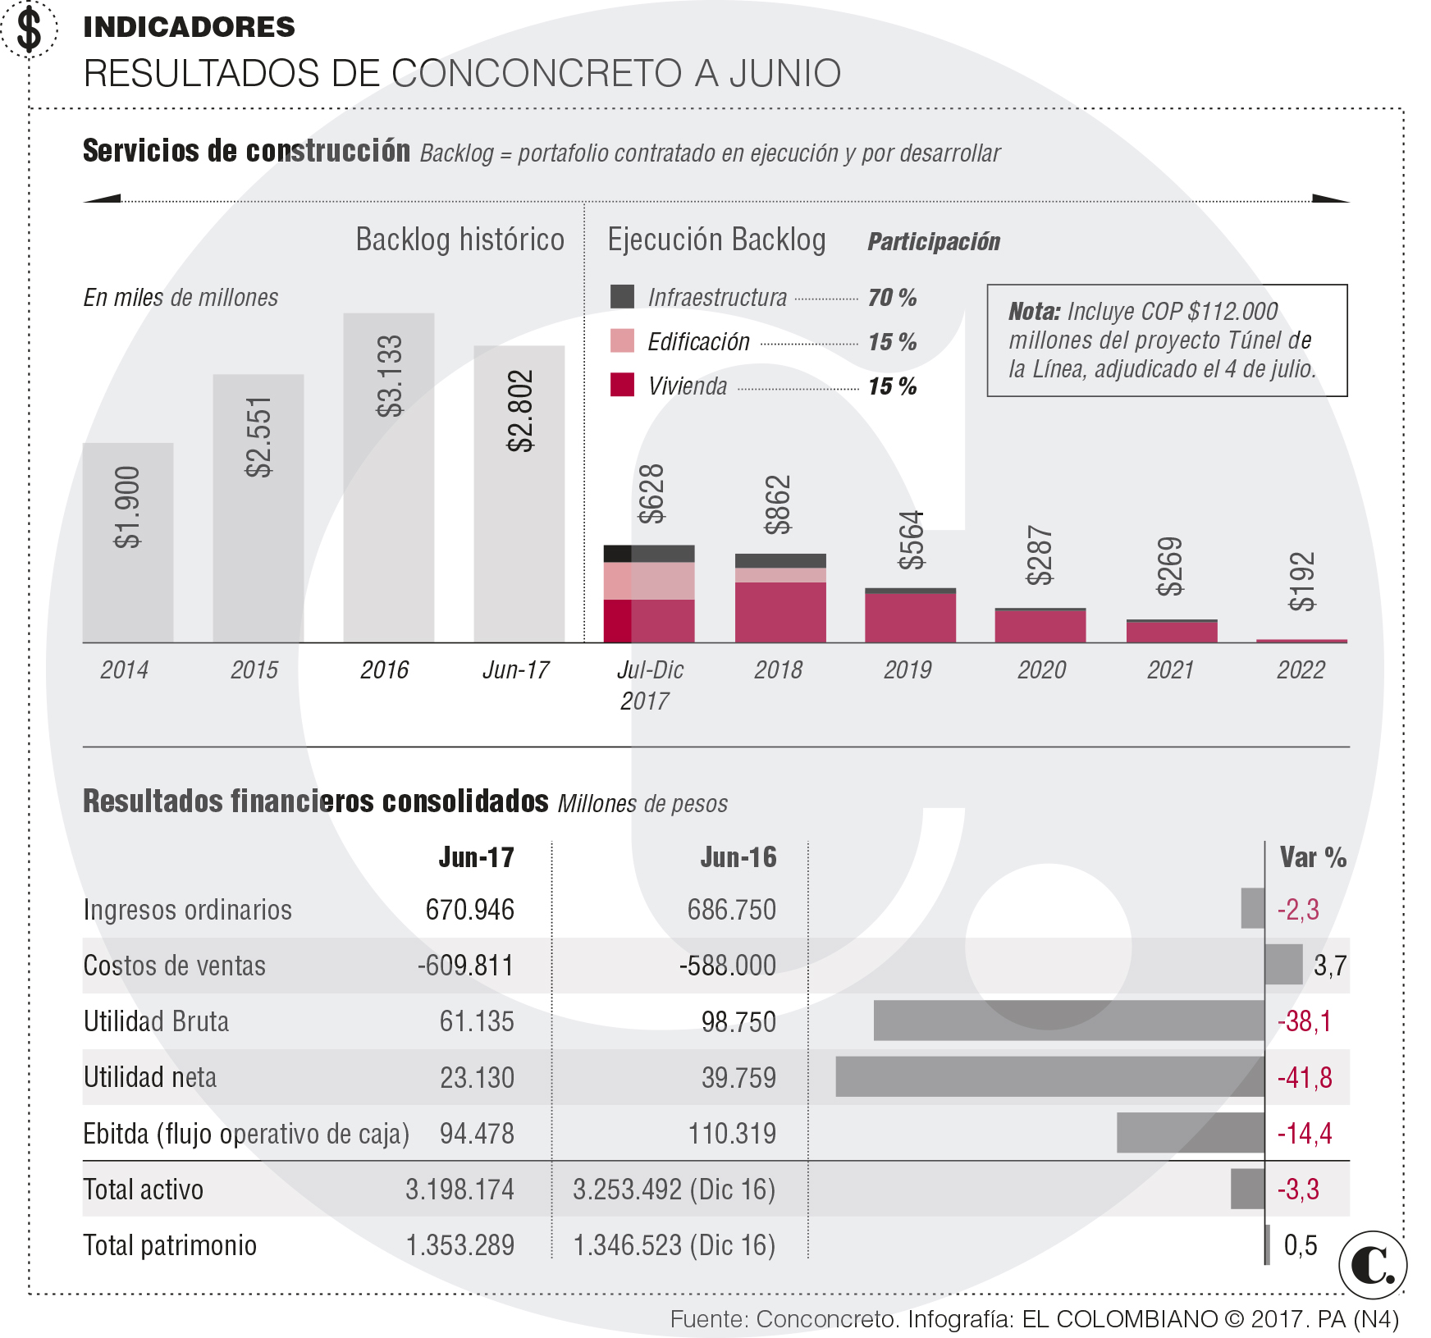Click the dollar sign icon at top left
tap(30, 30)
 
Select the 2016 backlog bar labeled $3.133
tap(388, 477)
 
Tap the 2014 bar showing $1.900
tap(128, 542)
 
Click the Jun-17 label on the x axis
tap(516, 670)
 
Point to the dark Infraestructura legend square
tap(622, 297)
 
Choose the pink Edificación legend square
tap(622, 341)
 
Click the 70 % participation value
tap(892, 298)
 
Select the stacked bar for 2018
tap(780, 598)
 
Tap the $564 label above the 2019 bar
tap(911, 540)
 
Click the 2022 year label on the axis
tap(1301, 670)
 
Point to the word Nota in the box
tap(1034, 312)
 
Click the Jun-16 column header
tap(738, 857)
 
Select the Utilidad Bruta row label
tap(156, 1021)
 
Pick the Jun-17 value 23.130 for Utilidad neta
tap(477, 1077)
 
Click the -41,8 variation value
tap(1305, 1077)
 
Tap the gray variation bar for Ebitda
tap(1190, 1133)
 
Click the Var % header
tap(1313, 857)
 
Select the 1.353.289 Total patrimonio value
tap(460, 1245)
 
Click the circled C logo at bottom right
tap(1372, 1265)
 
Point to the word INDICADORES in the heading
tap(189, 27)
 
